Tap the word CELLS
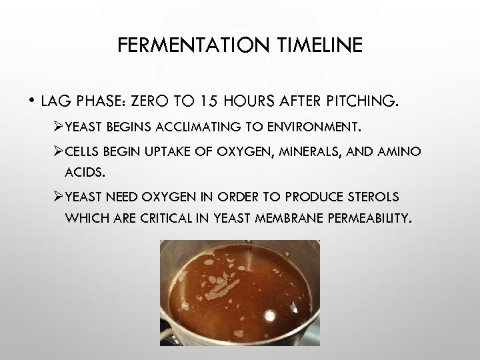pyautogui.click(x=85, y=153)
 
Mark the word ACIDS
pyautogui.click(x=83, y=173)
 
